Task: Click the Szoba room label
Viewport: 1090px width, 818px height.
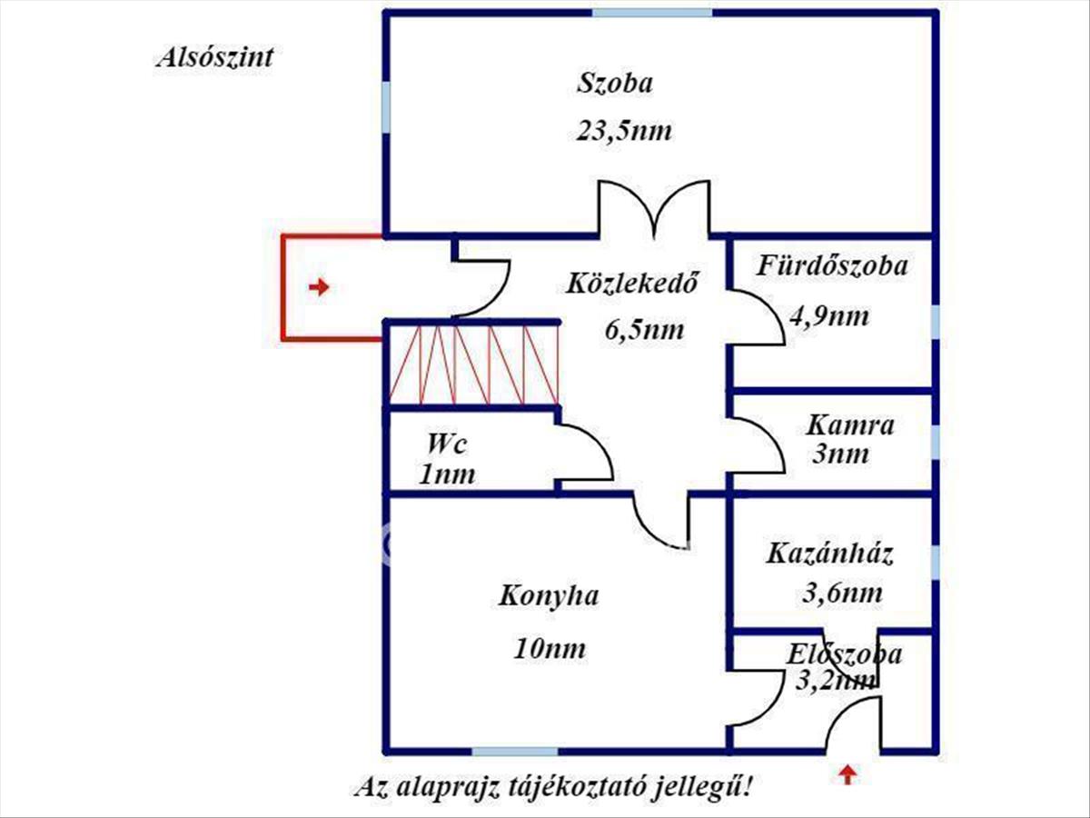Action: [x=615, y=84]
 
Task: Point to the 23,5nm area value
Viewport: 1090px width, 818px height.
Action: [x=624, y=131]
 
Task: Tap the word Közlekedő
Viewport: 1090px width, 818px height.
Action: [x=632, y=284]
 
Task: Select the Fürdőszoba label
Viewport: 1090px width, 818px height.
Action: [x=832, y=266]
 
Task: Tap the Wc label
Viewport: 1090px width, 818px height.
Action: [x=446, y=444]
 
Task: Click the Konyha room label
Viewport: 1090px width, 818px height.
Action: [x=549, y=596]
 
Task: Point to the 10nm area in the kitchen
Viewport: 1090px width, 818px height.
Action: [x=549, y=649]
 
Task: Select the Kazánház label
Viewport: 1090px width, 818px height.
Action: [x=830, y=553]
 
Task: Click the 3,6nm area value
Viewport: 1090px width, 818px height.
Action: [x=842, y=594]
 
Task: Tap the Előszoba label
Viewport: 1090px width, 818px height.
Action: [x=845, y=653]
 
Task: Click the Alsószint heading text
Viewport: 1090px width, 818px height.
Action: [x=214, y=58]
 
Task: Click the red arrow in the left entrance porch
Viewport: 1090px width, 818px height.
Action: [x=318, y=288]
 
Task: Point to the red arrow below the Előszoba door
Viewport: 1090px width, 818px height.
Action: [x=847, y=774]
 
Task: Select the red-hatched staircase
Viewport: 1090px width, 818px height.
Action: [x=473, y=364]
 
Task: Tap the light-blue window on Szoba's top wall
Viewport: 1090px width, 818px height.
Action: [x=651, y=13]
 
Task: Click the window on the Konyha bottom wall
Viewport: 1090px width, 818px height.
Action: [x=514, y=752]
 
